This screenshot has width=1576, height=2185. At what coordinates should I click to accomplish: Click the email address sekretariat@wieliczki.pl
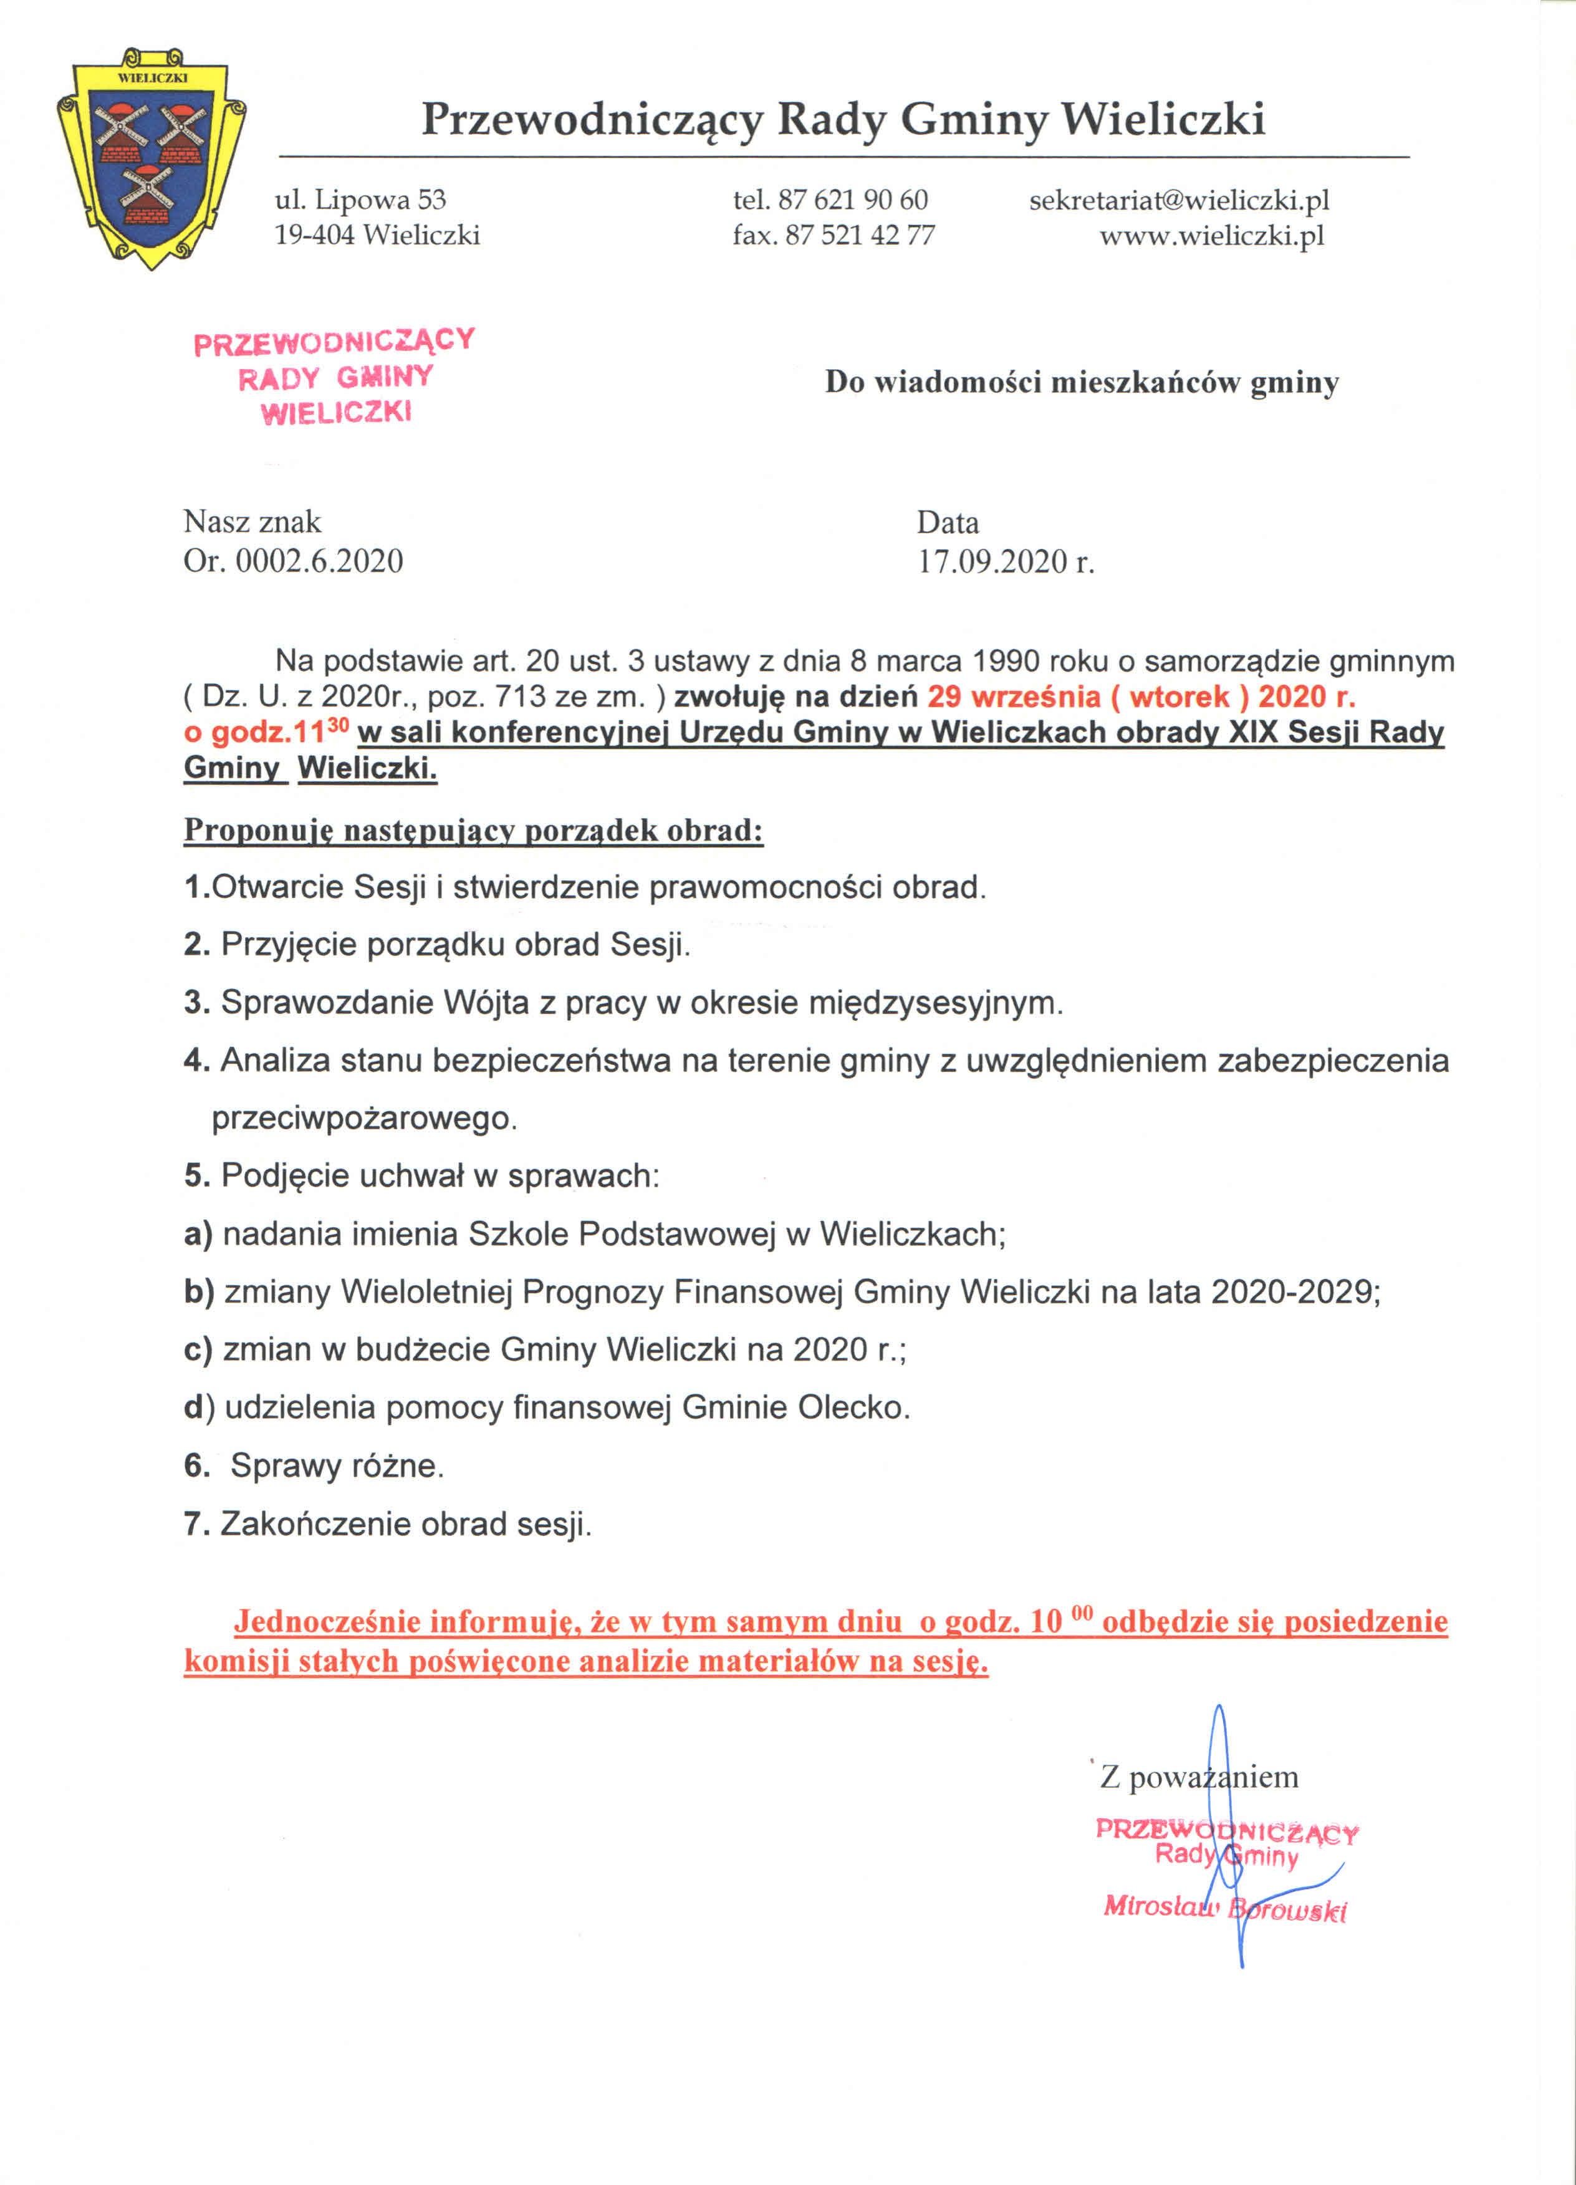pos(1178,200)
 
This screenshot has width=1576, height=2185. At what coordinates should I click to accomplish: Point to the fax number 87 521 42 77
pos(859,235)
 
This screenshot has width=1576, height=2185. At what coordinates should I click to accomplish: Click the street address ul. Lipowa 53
pos(360,200)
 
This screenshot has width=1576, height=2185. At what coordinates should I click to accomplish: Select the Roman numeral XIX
pos(1253,732)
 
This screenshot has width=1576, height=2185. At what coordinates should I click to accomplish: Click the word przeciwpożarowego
pos(364,1119)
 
